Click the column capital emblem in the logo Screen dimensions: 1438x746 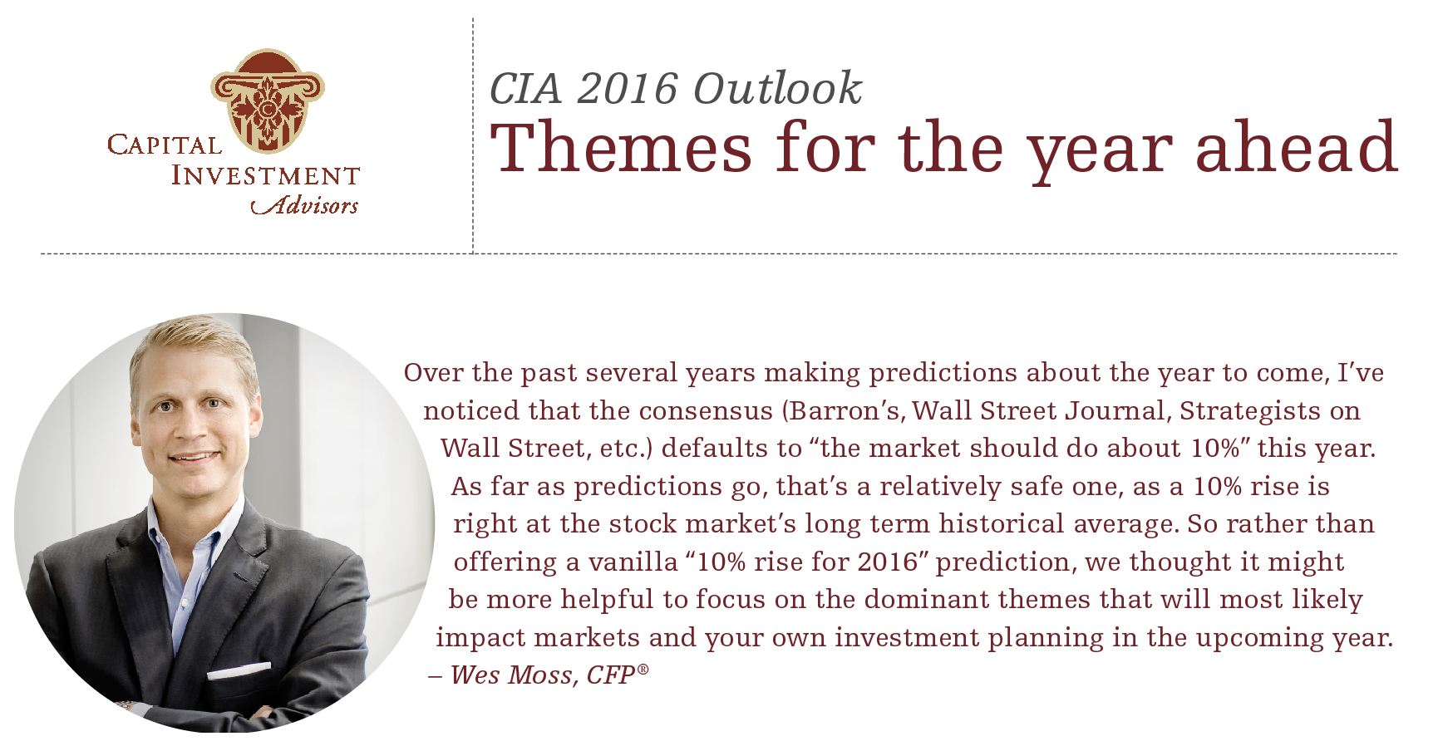click(267, 101)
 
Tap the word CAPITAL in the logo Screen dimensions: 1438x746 click(165, 145)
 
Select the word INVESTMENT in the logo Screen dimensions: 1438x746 click(265, 176)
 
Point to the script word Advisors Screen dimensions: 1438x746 click(305, 204)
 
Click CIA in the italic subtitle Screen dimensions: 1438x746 click(525, 89)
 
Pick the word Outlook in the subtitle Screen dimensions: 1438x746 click(777, 88)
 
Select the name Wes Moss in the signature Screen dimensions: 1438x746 click(511, 675)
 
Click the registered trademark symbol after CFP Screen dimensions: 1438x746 click(643, 668)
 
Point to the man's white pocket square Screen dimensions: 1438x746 click(239, 670)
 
